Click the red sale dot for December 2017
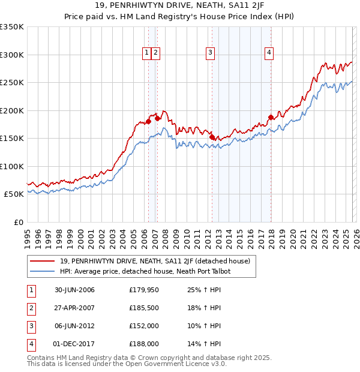click(x=271, y=117)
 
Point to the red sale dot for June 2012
click(x=212, y=137)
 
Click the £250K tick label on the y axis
click(x=12, y=83)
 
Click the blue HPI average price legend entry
click(x=145, y=271)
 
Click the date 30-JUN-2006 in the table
click(x=74, y=290)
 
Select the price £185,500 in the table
click(x=144, y=308)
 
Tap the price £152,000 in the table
click(x=144, y=326)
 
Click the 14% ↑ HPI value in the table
click(x=205, y=344)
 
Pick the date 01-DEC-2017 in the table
click(x=74, y=344)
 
